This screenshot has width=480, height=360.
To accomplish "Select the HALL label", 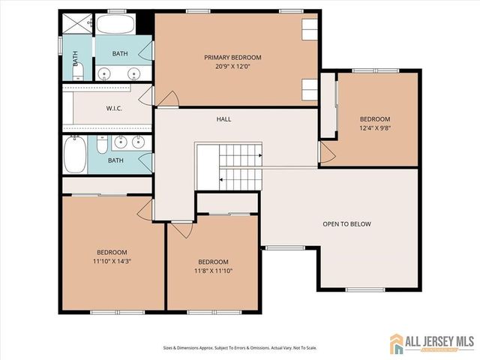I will (223, 119).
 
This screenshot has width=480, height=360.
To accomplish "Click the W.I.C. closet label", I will (114, 109).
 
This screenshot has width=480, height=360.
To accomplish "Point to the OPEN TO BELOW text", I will (346, 224).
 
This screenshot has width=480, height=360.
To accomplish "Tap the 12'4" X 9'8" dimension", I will (374, 128).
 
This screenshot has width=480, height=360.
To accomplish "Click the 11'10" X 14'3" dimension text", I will (112, 261).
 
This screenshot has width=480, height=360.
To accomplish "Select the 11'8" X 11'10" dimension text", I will (213, 271).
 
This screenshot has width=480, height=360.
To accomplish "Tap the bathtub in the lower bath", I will (74, 154).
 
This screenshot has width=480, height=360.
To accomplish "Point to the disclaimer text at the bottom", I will (239, 348).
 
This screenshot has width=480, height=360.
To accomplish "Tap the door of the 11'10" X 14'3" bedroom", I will (145, 209).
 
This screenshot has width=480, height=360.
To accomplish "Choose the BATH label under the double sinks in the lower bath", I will (115, 160).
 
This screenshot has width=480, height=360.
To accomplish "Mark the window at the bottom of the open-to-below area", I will (365, 289).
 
